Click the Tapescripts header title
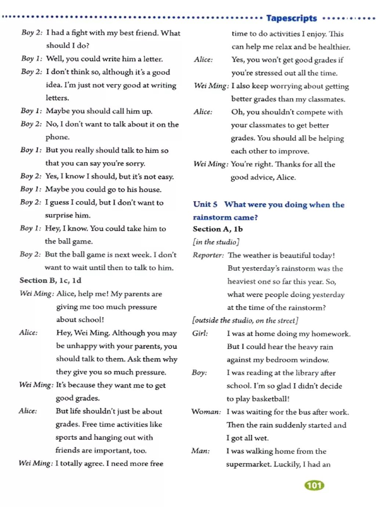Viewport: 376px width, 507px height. [x=291, y=18]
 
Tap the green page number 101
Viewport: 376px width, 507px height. [x=314, y=486]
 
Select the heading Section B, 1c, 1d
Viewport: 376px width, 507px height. [x=50, y=281]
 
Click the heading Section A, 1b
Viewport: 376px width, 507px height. [x=218, y=229]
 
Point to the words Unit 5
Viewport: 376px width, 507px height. [x=205, y=204]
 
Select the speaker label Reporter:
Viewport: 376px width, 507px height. [x=208, y=255]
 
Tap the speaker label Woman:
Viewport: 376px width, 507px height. [x=206, y=412]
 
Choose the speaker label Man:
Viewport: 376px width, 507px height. [x=200, y=451]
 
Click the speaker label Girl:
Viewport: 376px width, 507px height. [x=200, y=333]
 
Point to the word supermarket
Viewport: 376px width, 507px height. [x=248, y=464]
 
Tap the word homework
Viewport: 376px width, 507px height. [x=332, y=334]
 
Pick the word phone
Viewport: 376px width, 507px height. [x=57, y=137]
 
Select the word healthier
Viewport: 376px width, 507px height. [x=333, y=47]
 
